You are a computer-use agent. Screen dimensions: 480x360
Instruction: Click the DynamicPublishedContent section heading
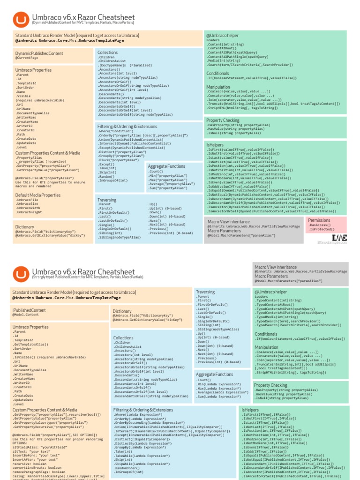click(x=39, y=54)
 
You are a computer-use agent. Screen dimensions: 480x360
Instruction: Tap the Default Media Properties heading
click(x=38, y=195)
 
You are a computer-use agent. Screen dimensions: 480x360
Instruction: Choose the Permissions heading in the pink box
click(x=319, y=220)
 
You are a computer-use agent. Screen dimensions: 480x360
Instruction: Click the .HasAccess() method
click(x=320, y=225)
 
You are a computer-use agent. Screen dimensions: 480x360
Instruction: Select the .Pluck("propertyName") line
click(x=118, y=160)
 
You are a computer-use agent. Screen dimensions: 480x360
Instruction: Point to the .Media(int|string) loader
click(x=224, y=61)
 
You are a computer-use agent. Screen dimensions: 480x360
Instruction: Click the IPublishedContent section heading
click(x=29, y=310)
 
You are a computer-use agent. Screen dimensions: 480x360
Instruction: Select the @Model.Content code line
click(x=26, y=315)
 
